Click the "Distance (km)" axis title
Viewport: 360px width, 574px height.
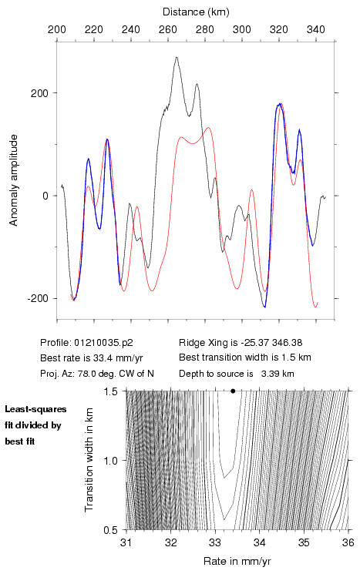(196, 12)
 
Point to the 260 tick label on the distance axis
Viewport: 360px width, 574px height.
(168, 29)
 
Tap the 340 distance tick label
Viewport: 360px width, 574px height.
(316, 29)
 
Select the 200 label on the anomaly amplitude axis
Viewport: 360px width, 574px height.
(39, 93)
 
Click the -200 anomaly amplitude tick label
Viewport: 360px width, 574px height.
(38, 298)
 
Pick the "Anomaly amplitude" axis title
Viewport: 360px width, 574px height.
(14, 180)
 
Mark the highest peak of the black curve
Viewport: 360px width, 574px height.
(177, 57)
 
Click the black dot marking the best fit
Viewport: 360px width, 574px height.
(233, 391)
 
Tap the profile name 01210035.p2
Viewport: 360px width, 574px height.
(103, 343)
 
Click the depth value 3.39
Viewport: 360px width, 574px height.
(270, 374)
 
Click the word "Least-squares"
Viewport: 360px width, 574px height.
(35, 409)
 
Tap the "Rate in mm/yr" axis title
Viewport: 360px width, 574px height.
(237, 561)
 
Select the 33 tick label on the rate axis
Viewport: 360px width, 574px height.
(215, 542)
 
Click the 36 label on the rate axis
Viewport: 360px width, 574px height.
(348, 542)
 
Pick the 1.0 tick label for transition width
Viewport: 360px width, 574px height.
(110, 460)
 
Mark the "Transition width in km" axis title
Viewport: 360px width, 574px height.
(89, 460)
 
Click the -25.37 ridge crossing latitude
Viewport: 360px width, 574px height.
(254, 343)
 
